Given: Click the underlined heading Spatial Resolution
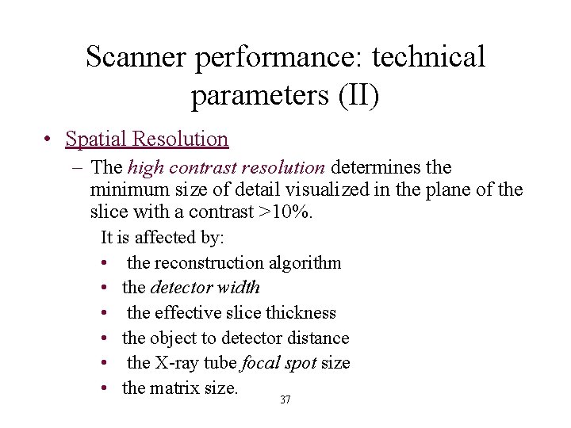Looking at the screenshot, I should pos(147,139).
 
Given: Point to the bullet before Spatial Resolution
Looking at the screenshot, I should pos(48,140).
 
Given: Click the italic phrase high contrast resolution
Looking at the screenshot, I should pos(225,168).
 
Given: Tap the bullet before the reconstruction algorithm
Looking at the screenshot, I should pos(105,263).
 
